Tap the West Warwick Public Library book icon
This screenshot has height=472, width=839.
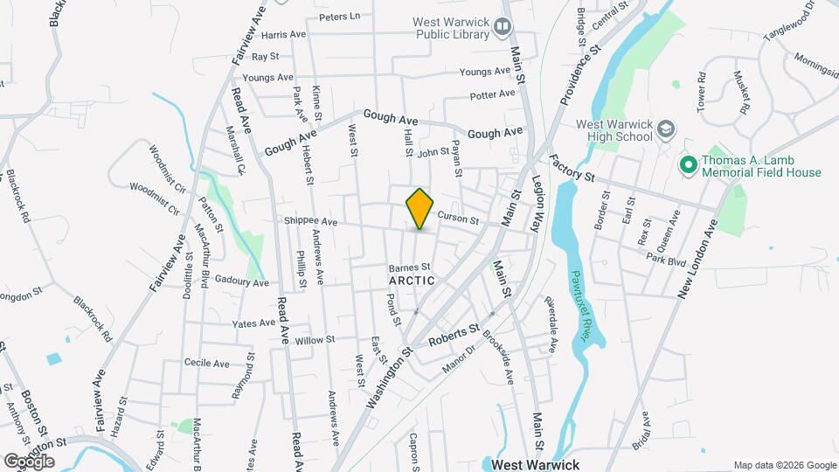click(503, 27)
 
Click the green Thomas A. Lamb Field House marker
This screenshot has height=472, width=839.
click(688, 164)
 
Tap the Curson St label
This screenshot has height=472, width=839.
click(457, 218)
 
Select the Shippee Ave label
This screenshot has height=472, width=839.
click(310, 222)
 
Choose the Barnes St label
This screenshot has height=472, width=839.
click(410, 267)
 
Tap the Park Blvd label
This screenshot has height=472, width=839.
click(667, 260)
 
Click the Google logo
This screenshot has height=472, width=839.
click(29, 461)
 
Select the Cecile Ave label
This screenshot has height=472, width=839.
click(206, 363)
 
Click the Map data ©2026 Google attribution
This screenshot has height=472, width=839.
click(784, 465)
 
